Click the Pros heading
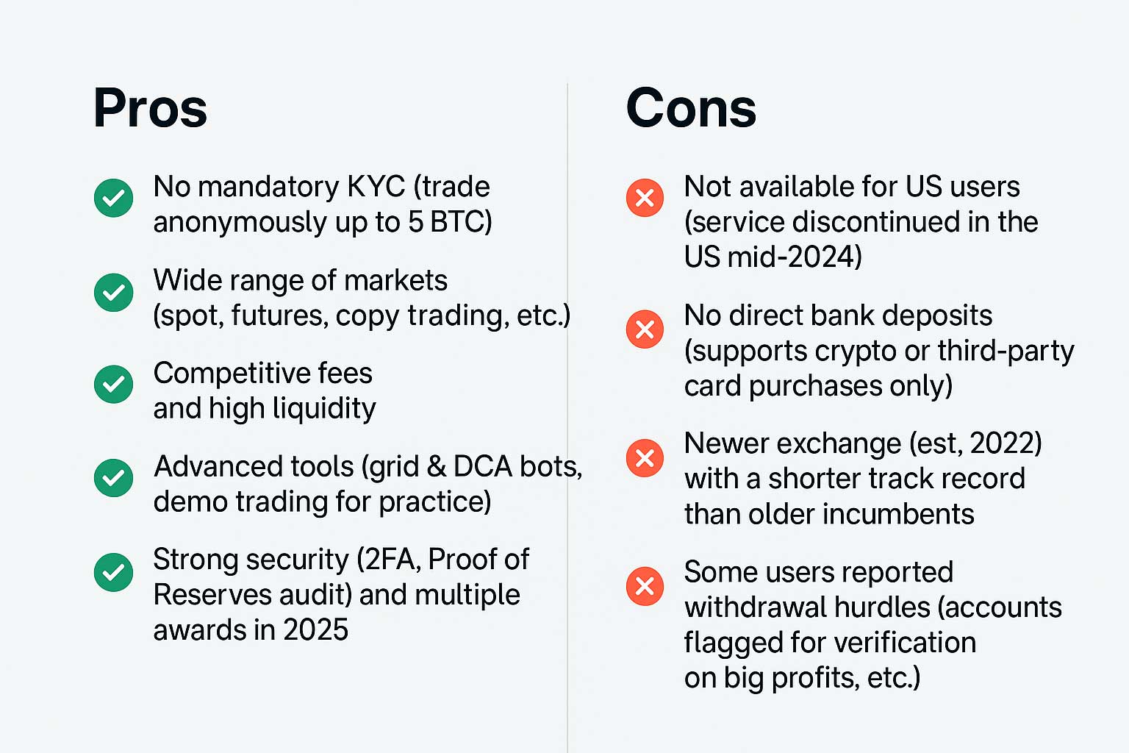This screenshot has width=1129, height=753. pyautogui.click(x=150, y=109)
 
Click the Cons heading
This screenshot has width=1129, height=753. pyautogui.click(x=690, y=109)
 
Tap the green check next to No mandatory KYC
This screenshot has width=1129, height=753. pyautogui.click(x=114, y=198)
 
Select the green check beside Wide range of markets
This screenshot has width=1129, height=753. pyautogui.click(x=114, y=292)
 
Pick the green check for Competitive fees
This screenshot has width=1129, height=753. pyautogui.click(x=114, y=384)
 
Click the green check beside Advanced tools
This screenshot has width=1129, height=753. pyautogui.click(x=114, y=478)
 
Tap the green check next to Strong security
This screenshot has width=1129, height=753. pyautogui.click(x=114, y=572)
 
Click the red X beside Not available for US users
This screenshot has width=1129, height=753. pyautogui.click(x=645, y=198)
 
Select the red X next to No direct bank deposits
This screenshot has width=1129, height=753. pyautogui.click(x=645, y=329)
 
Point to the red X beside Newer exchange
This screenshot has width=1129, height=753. pyautogui.click(x=645, y=458)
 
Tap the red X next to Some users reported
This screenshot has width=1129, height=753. pyautogui.click(x=645, y=586)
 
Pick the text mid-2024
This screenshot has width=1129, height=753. pyautogui.click(x=794, y=257)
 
